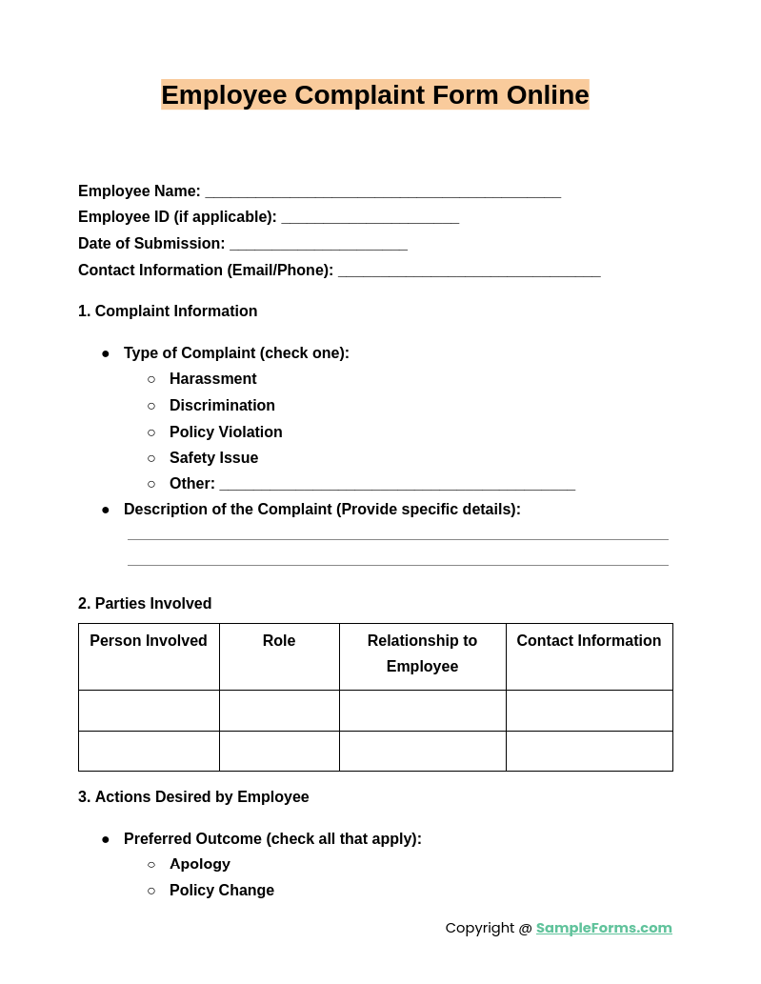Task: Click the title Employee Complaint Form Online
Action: [374, 95]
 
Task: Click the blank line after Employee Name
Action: [383, 191]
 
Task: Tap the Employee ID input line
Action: [370, 217]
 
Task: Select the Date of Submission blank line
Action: [318, 244]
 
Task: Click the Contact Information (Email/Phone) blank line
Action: [469, 271]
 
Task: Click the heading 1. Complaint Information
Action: [168, 311]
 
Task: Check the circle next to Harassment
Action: [151, 379]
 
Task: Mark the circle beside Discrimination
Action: [151, 406]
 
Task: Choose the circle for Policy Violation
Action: [151, 432]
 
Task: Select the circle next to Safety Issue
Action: [151, 458]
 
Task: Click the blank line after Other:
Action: [397, 484]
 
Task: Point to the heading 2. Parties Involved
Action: [145, 604]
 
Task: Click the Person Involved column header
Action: [149, 641]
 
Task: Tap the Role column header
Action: [279, 641]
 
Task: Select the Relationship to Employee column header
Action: [422, 653]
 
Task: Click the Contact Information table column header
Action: [589, 641]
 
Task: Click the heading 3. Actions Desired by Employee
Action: [193, 797]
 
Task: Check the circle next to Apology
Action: [151, 864]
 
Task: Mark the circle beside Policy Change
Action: [151, 891]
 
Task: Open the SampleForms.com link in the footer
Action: [604, 928]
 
